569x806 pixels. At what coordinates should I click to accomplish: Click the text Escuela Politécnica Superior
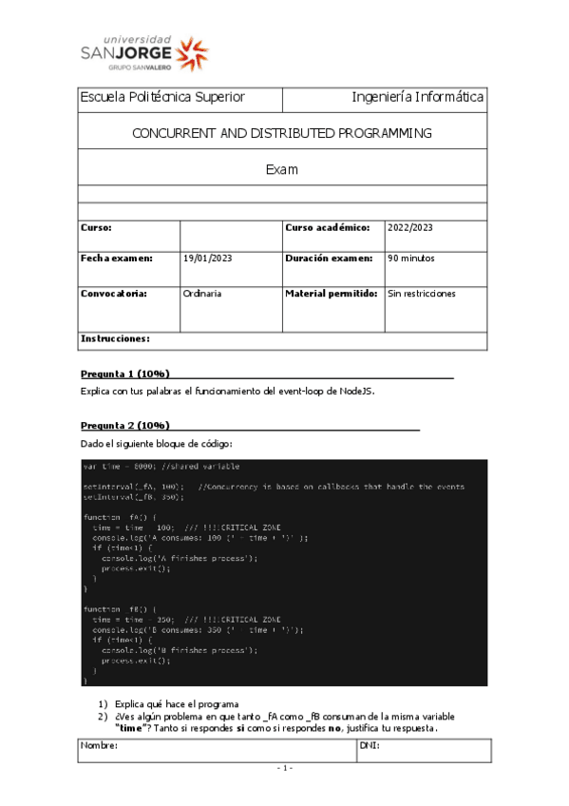coord(162,97)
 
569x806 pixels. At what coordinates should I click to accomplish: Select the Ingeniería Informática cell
coord(417,97)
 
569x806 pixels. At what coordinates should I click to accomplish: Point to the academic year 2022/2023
coord(410,228)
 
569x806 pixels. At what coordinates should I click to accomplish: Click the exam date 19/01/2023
coord(206,259)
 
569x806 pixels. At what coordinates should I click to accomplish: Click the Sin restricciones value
coord(422,294)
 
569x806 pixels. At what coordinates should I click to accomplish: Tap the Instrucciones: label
coord(115,338)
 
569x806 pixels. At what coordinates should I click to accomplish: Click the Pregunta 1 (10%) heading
coord(125,374)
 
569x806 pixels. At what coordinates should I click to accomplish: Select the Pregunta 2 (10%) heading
coord(125,425)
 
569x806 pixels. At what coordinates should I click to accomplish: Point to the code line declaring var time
coord(161,467)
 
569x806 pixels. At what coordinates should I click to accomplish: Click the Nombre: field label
coord(100,746)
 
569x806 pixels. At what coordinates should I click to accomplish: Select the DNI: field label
coord(370,746)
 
